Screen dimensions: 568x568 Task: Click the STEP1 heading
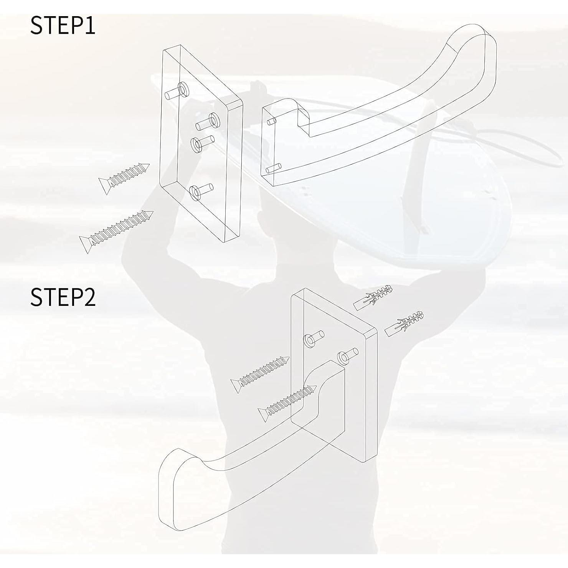tap(63, 25)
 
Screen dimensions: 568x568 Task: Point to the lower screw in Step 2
tap(288, 402)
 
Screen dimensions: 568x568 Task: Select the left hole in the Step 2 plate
tap(310, 340)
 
